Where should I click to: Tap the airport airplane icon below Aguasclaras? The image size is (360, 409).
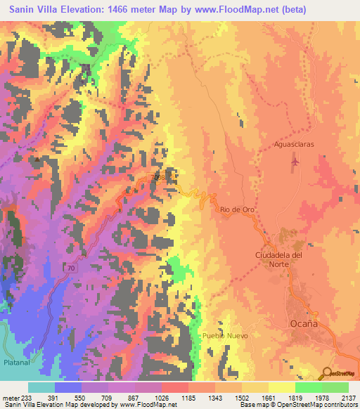click(x=294, y=163)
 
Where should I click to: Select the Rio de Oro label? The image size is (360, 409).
click(x=237, y=209)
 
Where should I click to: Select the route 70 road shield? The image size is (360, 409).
click(x=51, y=268)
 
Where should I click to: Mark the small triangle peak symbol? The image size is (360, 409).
click(x=37, y=159)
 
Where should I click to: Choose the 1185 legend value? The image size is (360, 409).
click(x=188, y=398)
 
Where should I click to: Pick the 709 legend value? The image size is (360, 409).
click(x=108, y=398)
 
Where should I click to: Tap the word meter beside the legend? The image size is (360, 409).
click(x=11, y=398)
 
